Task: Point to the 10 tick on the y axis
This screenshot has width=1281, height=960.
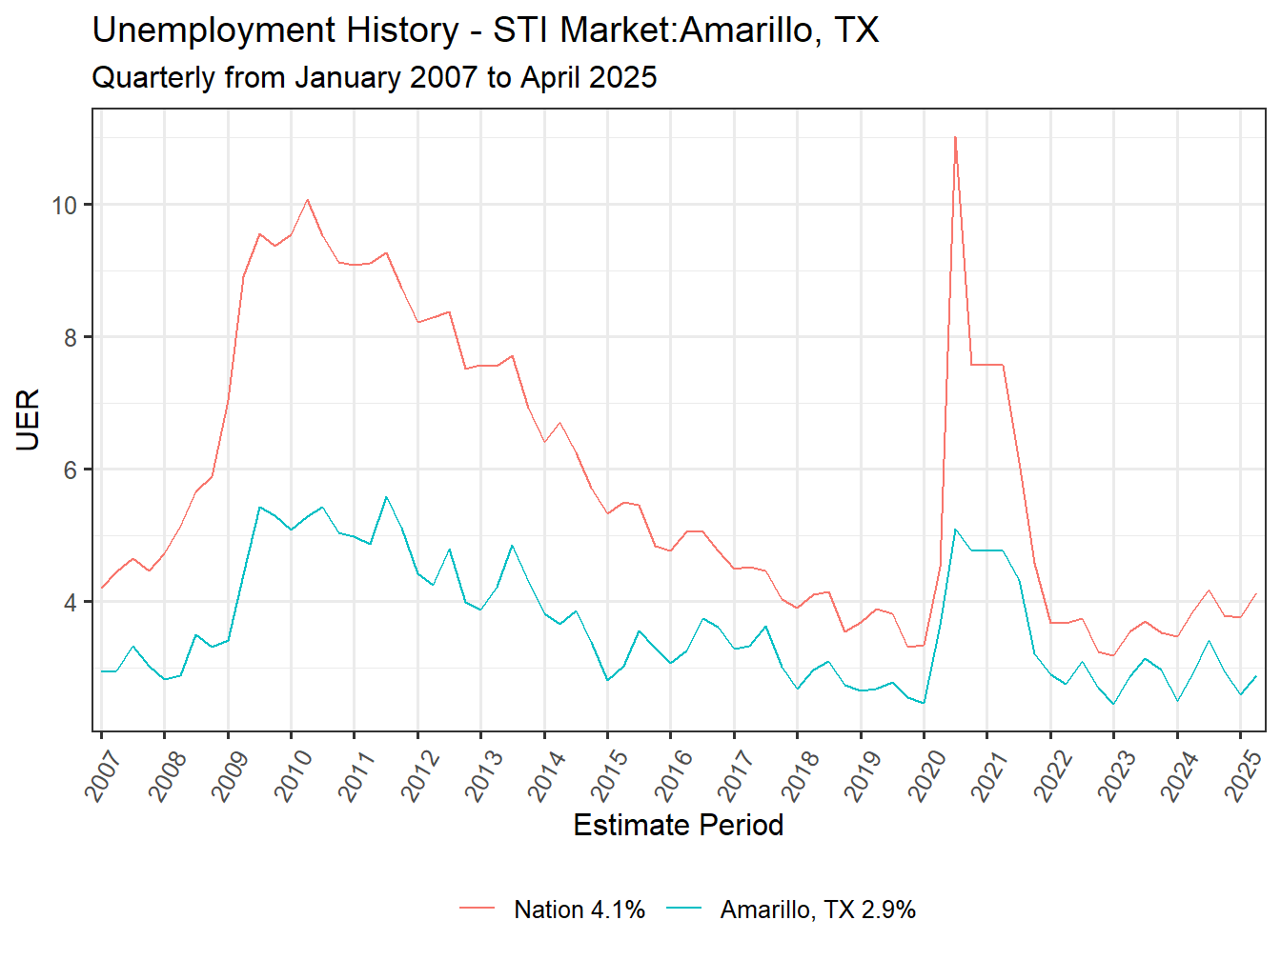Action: click(65, 205)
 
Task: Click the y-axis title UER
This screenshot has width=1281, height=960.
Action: click(29, 420)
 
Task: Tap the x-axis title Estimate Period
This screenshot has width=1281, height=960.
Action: click(678, 825)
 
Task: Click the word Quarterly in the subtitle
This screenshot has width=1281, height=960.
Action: click(152, 77)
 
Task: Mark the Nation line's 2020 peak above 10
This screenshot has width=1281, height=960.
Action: click(955, 137)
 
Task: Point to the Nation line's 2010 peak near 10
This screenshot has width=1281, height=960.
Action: click(307, 200)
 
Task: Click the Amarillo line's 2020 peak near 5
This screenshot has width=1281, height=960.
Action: click(955, 530)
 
